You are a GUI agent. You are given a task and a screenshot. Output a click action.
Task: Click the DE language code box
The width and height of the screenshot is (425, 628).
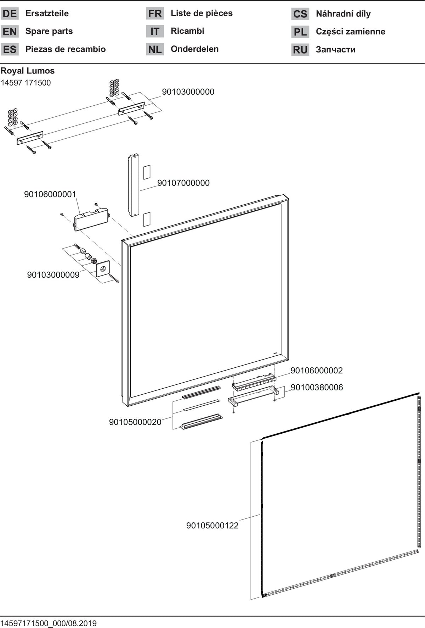(10, 14)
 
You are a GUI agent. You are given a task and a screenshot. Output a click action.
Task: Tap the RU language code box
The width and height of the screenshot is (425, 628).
(300, 50)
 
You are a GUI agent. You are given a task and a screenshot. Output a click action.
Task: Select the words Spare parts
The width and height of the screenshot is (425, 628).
(49, 31)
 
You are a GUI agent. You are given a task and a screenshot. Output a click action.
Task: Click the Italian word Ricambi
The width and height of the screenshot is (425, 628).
(187, 31)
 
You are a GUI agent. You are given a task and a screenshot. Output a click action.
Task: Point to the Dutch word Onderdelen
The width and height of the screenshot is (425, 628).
(194, 49)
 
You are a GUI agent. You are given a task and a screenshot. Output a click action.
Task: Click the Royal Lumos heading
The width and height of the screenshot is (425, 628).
(28, 71)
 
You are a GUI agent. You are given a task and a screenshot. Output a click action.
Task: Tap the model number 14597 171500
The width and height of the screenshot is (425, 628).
(26, 83)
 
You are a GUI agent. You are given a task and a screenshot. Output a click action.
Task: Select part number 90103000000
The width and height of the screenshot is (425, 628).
(188, 92)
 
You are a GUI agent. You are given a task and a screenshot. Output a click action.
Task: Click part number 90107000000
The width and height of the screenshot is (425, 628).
(183, 183)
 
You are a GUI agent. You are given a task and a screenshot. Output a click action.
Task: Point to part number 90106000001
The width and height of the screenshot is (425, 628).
(50, 194)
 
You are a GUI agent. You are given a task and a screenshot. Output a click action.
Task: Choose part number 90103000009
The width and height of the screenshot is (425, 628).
(53, 275)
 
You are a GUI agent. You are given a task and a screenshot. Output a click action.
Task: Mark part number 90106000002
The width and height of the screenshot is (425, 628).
(317, 371)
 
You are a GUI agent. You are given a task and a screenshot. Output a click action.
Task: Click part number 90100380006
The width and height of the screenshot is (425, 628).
(317, 387)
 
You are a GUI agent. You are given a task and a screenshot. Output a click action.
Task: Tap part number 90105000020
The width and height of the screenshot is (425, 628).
(135, 422)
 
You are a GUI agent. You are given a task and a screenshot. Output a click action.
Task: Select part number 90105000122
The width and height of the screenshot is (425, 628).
(212, 526)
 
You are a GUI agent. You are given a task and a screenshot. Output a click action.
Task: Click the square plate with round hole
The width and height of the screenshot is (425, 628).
(103, 269)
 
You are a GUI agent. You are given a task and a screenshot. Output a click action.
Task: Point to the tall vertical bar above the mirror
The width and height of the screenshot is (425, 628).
(134, 185)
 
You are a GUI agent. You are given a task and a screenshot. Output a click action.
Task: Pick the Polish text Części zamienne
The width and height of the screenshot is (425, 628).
(351, 32)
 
